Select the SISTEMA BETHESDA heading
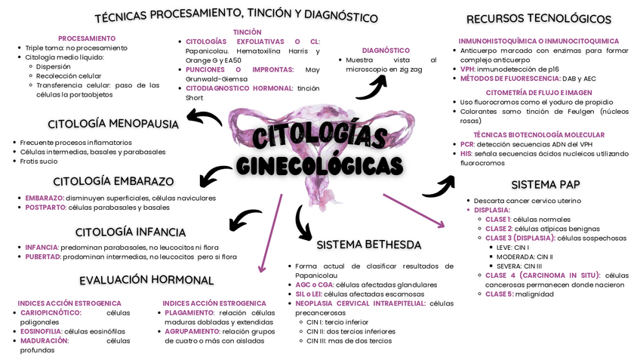coord(368,245)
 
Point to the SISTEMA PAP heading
coord(545,184)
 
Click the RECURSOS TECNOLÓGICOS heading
coord(538,19)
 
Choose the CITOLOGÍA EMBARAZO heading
coord(113,181)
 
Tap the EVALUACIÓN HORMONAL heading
coord(146,280)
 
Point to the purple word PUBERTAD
coord(43,257)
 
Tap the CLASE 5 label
coord(499,294)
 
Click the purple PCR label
coord(466,143)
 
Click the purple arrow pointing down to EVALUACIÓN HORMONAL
coord(269,234)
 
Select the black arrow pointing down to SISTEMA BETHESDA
coord(303,222)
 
